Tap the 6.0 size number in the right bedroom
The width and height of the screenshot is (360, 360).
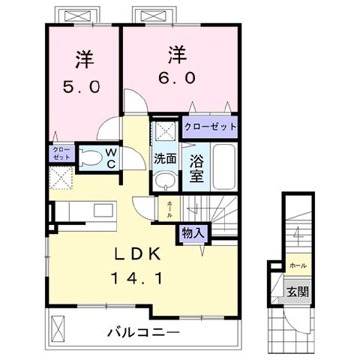[x=177, y=78]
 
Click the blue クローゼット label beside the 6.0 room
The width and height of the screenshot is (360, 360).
[x=210, y=127]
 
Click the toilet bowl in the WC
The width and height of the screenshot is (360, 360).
[x=89, y=158]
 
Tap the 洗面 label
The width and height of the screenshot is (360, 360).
[x=165, y=159]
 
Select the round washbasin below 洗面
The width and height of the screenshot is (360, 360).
[x=164, y=181]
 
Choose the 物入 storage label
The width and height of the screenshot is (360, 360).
[x=192, y=233]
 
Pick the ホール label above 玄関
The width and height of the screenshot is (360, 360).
[x=298, y=265]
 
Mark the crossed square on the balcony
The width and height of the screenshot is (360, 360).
[x=59, y=328]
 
